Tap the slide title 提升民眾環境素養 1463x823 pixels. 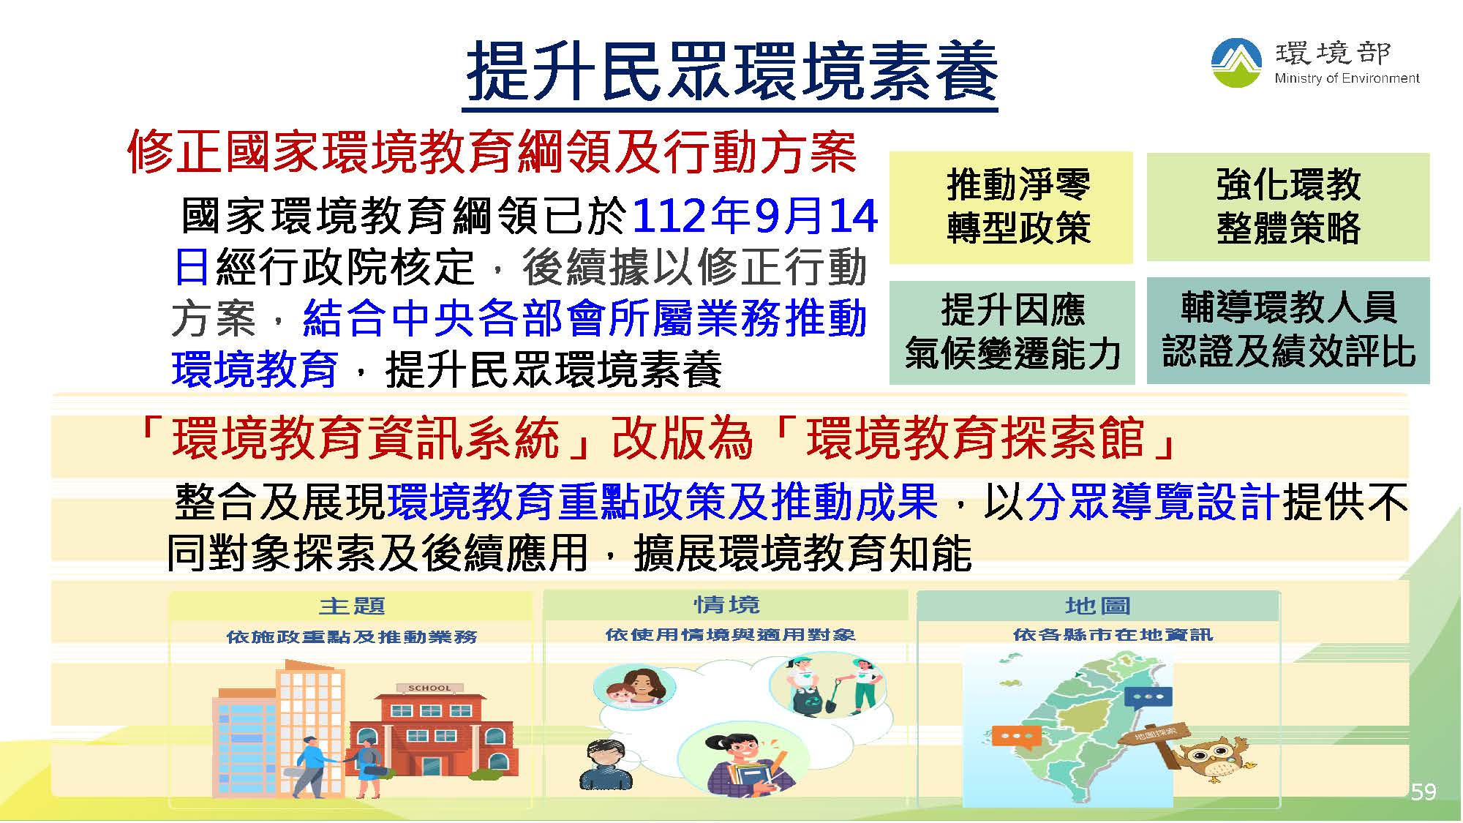[731, 71]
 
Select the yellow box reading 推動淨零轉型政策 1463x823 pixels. [1011, 208]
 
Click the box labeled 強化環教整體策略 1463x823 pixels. [1288, 207]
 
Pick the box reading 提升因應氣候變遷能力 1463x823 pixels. [1012, 333]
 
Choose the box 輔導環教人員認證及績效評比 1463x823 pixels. [1288, 331]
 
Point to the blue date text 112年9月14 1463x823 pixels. [754, 216]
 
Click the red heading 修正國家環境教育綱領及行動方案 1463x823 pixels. [492, 153]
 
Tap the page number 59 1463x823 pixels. [1423, 792]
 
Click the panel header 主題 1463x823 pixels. [352, 606]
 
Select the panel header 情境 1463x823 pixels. [726, 605]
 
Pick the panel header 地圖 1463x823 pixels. [1098, 606]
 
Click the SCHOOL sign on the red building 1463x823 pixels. [429, 688]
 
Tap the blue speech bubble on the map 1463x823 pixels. [1148, 698]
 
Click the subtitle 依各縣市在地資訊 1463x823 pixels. [1113, 635]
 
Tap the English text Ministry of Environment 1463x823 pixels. [1347, 78]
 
